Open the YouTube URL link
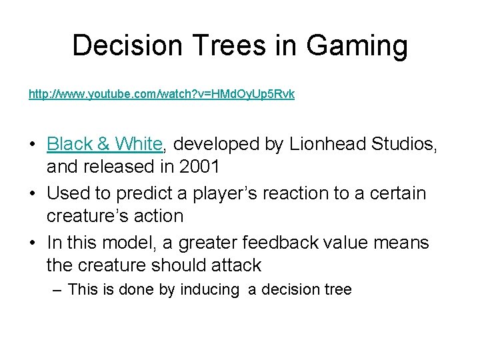(x=161, y=95)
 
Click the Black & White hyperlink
(x=105, y=143)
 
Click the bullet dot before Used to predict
(x=33, y=193)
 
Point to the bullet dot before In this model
(x=33, y=243)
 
